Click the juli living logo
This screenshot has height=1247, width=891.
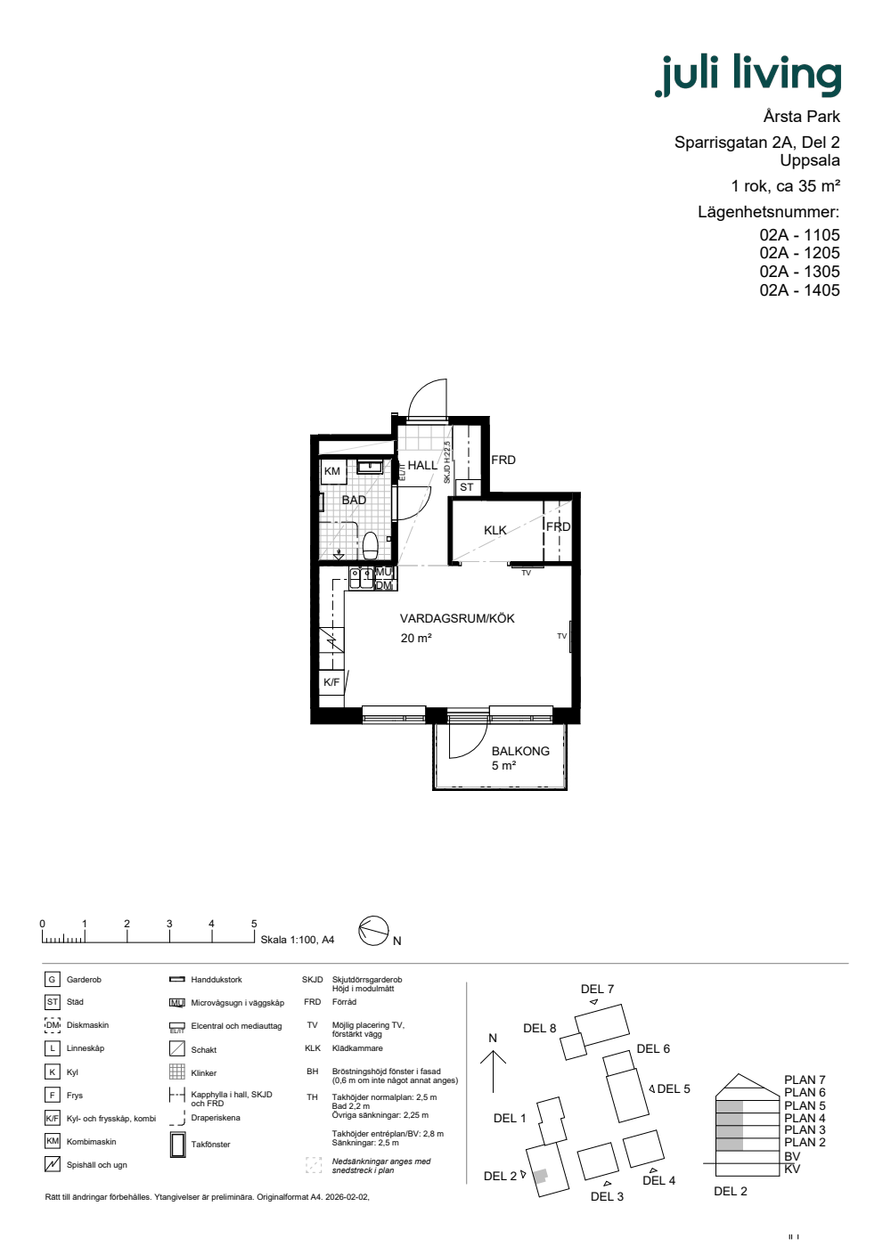coord(748,76)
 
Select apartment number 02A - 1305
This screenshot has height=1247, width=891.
coord(799,272)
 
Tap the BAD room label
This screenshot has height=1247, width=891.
coord(354,500)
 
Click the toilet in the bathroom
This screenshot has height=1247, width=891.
coord(371,545)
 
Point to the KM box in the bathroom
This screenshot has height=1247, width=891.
coord(332,471)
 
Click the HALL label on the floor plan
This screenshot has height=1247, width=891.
coord(422,465)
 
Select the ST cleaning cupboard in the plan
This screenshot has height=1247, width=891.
coord(466,487)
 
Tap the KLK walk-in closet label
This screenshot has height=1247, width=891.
coord(495,531)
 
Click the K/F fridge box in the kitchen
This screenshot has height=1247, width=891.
coord(331,682)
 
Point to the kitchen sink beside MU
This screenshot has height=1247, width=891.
coord(361,577)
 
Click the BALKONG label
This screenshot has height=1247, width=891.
coord(520,751)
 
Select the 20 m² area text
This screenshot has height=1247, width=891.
coord(416,638)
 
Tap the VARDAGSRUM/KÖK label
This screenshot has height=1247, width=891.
coord(457,618)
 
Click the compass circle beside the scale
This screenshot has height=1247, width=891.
coord(373,931)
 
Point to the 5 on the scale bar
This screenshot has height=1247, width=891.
coord(254,924)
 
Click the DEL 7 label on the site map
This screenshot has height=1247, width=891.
coord(597,989)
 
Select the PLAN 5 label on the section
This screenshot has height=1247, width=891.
coord(805,1105)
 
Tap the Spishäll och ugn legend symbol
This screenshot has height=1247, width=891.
coord(53,1164)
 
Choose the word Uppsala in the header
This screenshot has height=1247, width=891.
coord(810,160)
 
